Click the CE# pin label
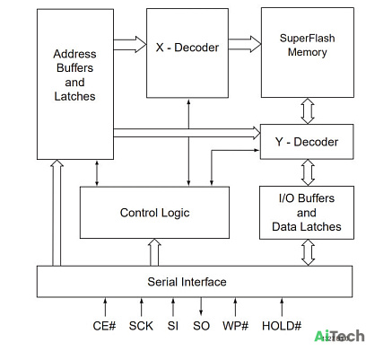coord(104,326)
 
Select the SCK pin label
coord(141,326)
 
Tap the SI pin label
coord(173,326)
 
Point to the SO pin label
coord(201,326)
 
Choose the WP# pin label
coord(235,326)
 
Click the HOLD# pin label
coord(282,326)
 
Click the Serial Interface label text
coord(187,282)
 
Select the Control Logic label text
coord(154,213)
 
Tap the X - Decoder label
coord(187,48)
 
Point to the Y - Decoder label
coord(307,142)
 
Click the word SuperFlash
coord(307,39)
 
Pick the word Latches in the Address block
coord(74,96)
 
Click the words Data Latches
coord(307,226)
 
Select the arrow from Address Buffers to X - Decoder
coord(130,45)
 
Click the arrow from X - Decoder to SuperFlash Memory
coord(245,44)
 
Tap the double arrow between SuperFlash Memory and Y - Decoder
coord(308,111)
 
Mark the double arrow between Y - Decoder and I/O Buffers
coord(308,172)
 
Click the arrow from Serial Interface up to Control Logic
coord(154,252)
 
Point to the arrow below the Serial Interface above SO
coord(201,306)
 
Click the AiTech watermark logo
coord(339,336)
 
